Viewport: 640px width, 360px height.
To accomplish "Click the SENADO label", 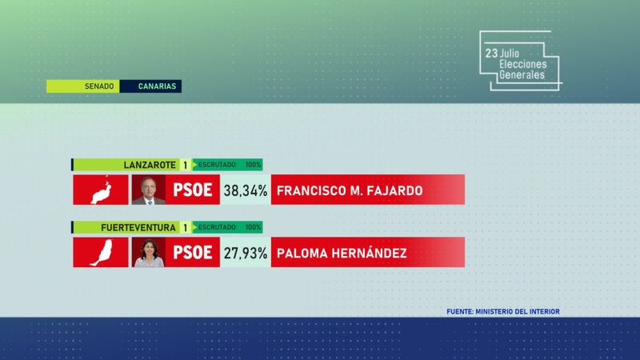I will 99,86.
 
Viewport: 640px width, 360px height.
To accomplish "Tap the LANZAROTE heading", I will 150,165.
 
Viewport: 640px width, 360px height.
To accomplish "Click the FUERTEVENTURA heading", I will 138,227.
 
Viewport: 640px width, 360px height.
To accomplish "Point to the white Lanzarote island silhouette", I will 101,190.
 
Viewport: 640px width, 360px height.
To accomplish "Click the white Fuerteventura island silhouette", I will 101,253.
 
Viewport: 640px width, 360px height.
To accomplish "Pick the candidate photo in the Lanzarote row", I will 149,190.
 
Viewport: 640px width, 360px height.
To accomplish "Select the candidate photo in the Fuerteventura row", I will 149,253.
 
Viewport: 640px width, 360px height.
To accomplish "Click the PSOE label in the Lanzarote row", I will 193,190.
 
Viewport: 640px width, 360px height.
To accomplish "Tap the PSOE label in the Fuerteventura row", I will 193,253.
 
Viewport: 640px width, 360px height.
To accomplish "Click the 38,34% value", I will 245,190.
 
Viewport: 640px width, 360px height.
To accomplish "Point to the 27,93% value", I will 245,253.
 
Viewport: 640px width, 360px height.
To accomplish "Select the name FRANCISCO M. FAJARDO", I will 348,190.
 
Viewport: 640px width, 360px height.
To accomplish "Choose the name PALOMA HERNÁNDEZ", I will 341,253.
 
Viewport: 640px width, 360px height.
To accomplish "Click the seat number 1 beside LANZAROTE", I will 186,165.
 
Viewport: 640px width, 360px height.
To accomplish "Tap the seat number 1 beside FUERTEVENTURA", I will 186,227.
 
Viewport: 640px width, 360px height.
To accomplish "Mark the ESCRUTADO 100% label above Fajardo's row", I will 230,165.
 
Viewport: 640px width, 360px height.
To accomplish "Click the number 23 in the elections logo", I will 490,54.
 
